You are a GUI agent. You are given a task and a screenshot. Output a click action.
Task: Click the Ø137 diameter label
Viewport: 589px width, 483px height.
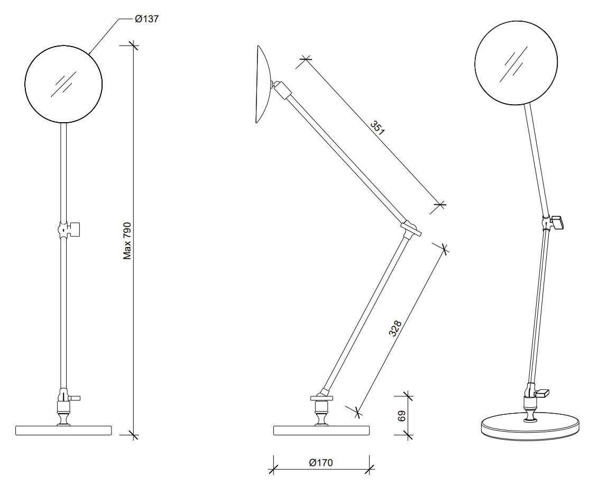[147, 19]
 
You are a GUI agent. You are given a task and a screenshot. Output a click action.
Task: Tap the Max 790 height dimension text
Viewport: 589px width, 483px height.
[127, 241]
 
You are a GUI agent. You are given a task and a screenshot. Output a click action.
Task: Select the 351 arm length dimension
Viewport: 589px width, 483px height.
[378, 127]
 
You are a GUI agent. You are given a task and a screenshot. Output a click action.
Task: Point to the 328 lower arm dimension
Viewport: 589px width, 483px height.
[395, 329]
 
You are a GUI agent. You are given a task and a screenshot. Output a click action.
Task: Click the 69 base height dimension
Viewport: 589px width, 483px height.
[401, 415]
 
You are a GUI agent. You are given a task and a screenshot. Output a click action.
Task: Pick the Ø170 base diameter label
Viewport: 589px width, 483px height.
[321, 462]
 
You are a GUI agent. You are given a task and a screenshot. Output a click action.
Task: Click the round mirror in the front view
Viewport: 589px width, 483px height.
[63, 84]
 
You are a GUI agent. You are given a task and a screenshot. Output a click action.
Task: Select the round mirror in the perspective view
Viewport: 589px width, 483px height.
[516, 62]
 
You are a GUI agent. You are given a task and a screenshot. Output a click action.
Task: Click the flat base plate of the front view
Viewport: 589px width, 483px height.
[64, 431]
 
